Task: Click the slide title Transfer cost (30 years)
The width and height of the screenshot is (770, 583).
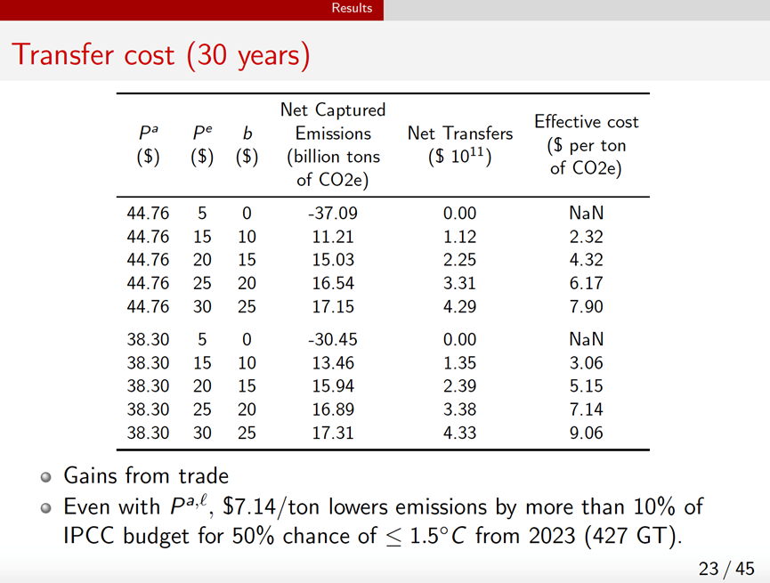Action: tap(161, 55)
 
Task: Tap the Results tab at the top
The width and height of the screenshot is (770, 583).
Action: tap(351, 8)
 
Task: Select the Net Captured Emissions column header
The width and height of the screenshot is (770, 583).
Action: tap(332, 145)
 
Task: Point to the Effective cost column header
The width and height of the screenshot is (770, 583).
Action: tap(586, 145)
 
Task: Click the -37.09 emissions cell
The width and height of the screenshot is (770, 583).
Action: tap(332, 214)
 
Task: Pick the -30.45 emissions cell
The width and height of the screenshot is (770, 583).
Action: tap(332, 339)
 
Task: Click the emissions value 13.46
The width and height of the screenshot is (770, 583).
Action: tap(332, 364)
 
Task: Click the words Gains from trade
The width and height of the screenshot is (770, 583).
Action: tap(146, 476)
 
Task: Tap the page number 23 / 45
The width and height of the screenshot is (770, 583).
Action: tap(725, 568)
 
